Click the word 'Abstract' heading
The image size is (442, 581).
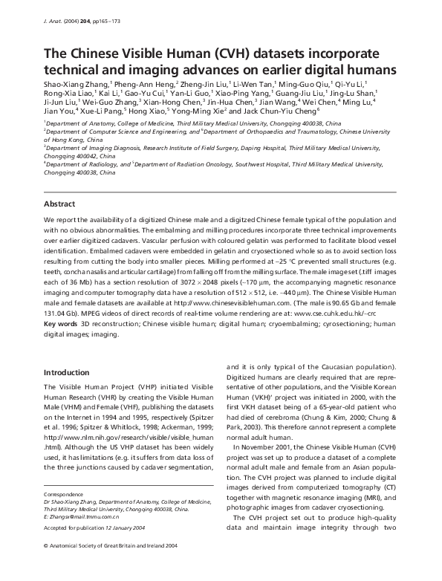coord(60,203)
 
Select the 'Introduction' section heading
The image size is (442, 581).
coord(66,372)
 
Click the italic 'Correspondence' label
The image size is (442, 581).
coord(64,493)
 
